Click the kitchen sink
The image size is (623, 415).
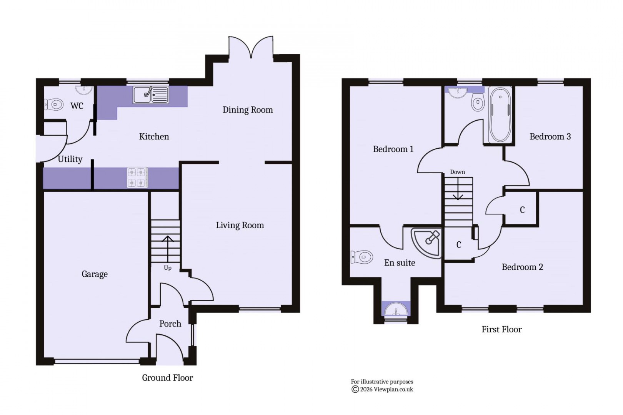[x=151, y=95]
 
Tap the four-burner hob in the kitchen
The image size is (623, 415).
[x=138, y=178]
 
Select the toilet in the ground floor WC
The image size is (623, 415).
[x=54, y=104]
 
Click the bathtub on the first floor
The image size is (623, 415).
[x=500, y=114]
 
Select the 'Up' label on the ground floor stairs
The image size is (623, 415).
[x=167, y=268]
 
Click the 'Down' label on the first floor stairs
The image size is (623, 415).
[x=457, y=172]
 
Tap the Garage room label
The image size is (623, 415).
[x=95, y=274]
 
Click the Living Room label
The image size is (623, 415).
[x=240, y=225]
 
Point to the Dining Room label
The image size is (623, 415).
[x=248, y=110]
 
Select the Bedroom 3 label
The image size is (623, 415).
[x=550, y=136]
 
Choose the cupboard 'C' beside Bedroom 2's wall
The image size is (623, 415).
[x=522, y=210]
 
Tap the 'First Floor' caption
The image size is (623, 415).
[x=501, y=329]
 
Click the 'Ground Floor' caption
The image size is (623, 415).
[x=167, y=378]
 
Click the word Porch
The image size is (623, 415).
[x=170, y=324]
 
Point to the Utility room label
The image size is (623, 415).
[x=70, y=159]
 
